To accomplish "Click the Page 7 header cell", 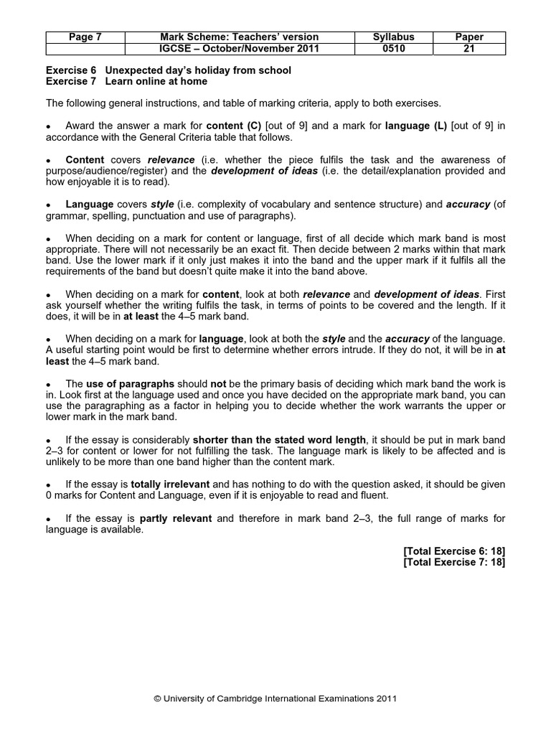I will (x=85, y=37).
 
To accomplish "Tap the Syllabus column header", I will (x=394, y=37).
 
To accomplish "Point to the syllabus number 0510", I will (x=394, y=49).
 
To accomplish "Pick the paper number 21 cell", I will (x=470, y=49).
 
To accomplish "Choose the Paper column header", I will (x=470, y=37).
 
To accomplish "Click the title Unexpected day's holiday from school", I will (x=198, y=70).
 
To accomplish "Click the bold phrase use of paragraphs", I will (x=131, y=384).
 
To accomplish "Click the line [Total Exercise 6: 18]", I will (x=454, y=551).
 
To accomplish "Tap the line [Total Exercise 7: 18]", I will (x=454, y=562).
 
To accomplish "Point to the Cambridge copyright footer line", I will (x=275, y=698).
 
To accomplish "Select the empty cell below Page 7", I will (x=85, y=49).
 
